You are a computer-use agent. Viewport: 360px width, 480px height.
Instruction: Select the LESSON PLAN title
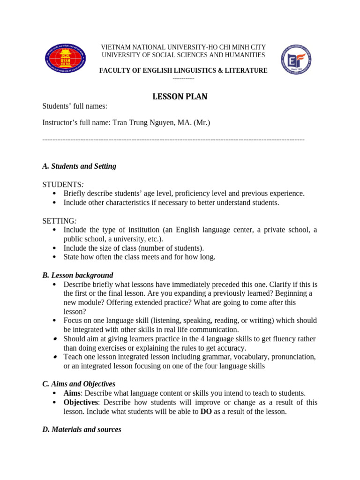[180, 97]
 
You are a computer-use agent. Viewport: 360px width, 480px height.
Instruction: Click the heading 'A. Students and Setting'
[79, 166]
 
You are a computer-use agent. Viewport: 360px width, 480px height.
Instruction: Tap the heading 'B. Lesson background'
[78, 275]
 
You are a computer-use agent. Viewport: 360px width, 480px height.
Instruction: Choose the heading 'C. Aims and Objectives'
[79, 384]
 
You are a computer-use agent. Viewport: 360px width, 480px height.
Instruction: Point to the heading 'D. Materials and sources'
[82, 429]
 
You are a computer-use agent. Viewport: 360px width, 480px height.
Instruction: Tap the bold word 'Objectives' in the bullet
[81, 402]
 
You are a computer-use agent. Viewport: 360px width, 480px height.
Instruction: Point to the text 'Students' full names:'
[75, 106]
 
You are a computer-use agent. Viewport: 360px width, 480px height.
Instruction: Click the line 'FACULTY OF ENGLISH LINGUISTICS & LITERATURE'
[183, 70]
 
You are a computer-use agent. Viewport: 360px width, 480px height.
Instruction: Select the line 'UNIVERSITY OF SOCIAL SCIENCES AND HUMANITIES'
[183, 55]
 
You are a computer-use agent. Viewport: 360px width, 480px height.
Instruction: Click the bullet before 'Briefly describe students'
[55, 194]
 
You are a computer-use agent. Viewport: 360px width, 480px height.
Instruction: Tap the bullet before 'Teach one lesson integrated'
[55, 357]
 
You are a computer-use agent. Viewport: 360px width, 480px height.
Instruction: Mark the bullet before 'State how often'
[55, 257]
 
